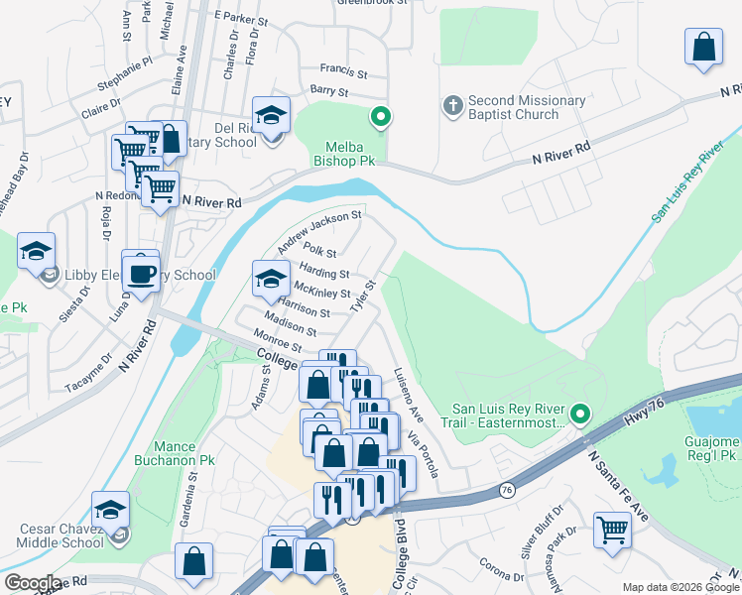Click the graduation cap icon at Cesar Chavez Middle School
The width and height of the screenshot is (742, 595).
[111, 510]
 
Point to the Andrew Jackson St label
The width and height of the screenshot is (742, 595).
[320, 230]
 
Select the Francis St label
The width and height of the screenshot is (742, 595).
[343, 72]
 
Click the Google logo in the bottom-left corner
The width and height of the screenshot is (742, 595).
[33, 583]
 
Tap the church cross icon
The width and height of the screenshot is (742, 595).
[452, 105]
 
